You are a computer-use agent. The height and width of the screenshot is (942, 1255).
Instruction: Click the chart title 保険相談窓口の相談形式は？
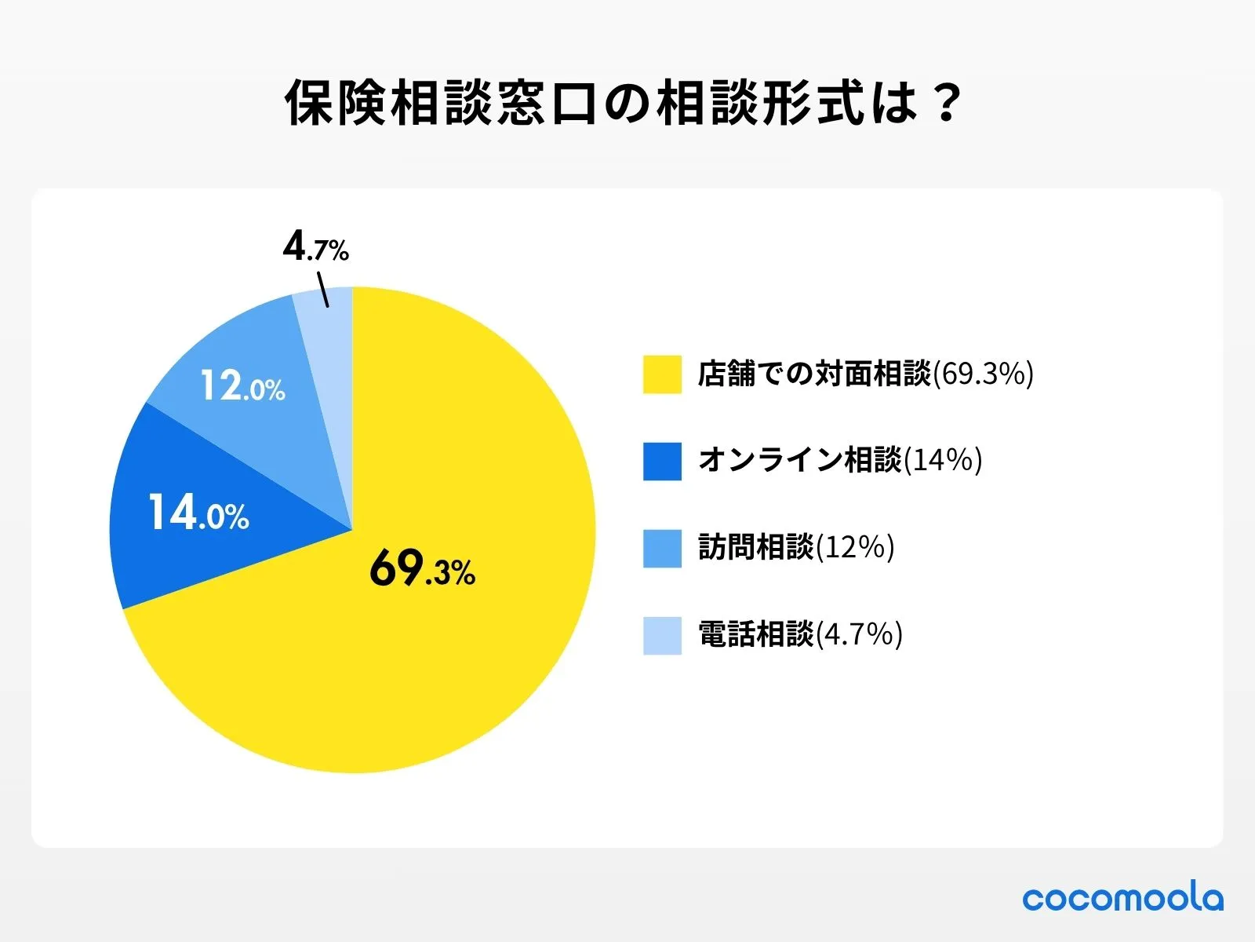click(624, 103)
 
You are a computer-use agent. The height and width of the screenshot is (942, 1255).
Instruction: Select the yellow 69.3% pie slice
click(439, 667)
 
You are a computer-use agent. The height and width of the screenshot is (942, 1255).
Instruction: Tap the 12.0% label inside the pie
click(242, 386)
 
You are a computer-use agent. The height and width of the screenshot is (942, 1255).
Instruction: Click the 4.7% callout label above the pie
click(315, 248)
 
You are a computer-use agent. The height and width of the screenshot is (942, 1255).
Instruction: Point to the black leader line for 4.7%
click(322, 289)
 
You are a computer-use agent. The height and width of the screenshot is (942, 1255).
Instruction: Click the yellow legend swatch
click(662, 374)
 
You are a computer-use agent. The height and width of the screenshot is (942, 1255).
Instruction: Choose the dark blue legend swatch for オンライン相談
click(662, 461)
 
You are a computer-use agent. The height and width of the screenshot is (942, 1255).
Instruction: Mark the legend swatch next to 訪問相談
click(662, 548)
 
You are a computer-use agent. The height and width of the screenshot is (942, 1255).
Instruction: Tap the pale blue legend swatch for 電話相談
click(662, 635)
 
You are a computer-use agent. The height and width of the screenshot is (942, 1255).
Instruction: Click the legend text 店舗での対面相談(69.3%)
click(866, 374)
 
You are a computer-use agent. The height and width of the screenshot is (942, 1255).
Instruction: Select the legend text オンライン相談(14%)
click(840, 461)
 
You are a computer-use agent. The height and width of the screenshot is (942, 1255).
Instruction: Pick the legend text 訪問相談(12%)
click(796, 548)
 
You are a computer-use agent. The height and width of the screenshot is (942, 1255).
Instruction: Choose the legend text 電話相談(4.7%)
click(800, 635)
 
